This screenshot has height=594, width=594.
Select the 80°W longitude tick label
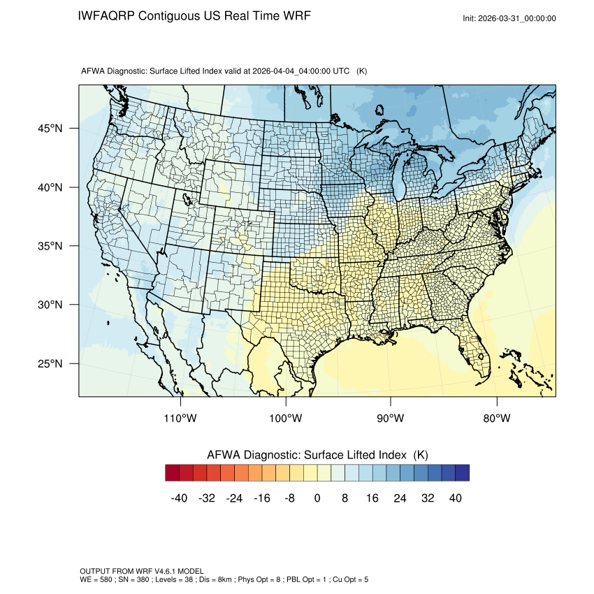[497, 419]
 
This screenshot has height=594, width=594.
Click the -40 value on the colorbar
[178, 498]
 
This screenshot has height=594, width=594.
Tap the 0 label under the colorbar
[317, 498]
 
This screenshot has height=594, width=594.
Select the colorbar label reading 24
[400, 498]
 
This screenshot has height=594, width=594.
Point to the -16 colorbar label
[261, 498]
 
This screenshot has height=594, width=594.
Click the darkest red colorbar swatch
[173, 473]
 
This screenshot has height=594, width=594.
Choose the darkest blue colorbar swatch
[462, 473]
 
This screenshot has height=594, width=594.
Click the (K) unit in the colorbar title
[421, 455]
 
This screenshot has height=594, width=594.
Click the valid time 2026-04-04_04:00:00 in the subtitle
[302, 71]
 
